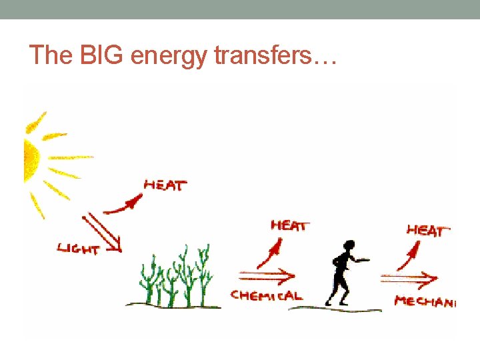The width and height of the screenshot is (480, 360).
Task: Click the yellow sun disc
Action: click(x=31, y=159)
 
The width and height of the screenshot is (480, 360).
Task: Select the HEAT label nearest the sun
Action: click(x=165, y=185)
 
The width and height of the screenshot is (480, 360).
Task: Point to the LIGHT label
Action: click(x=79, y=249)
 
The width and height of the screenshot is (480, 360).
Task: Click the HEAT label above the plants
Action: click(x=289, y=226)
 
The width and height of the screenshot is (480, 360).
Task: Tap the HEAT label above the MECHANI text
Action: click(x=425, y=231)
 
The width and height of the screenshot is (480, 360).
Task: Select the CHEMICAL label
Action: click(x=266, y=295)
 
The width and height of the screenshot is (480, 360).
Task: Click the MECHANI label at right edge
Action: click(x=425, y=301)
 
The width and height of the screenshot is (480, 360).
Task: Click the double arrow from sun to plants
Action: click(x=102, y=233)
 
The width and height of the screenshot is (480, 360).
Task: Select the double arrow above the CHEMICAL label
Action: click(x=266, y=275)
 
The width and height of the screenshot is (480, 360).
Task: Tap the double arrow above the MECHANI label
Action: click(x=409, y=278)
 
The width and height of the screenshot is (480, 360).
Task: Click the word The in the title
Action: click(x=45, y=55)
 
